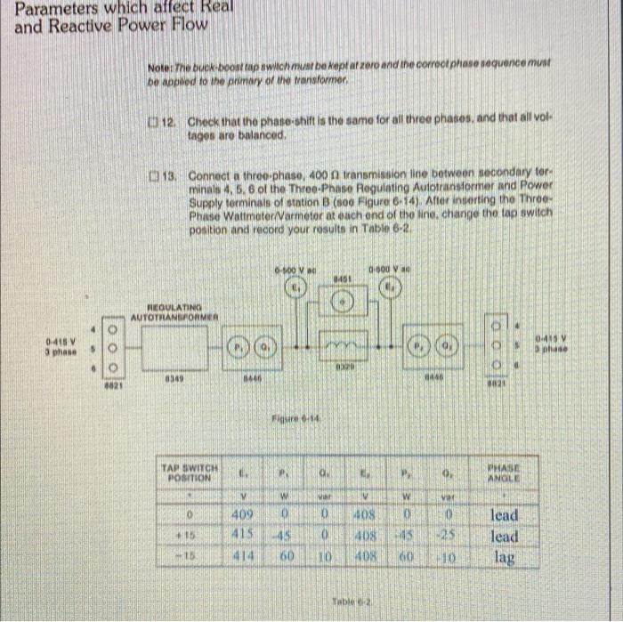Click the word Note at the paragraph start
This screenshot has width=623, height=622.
click(160, 68)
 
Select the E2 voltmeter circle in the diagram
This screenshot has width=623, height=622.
click(388, 287)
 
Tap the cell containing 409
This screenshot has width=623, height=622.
click(240, 515)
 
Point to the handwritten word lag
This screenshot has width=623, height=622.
click(503, 558)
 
